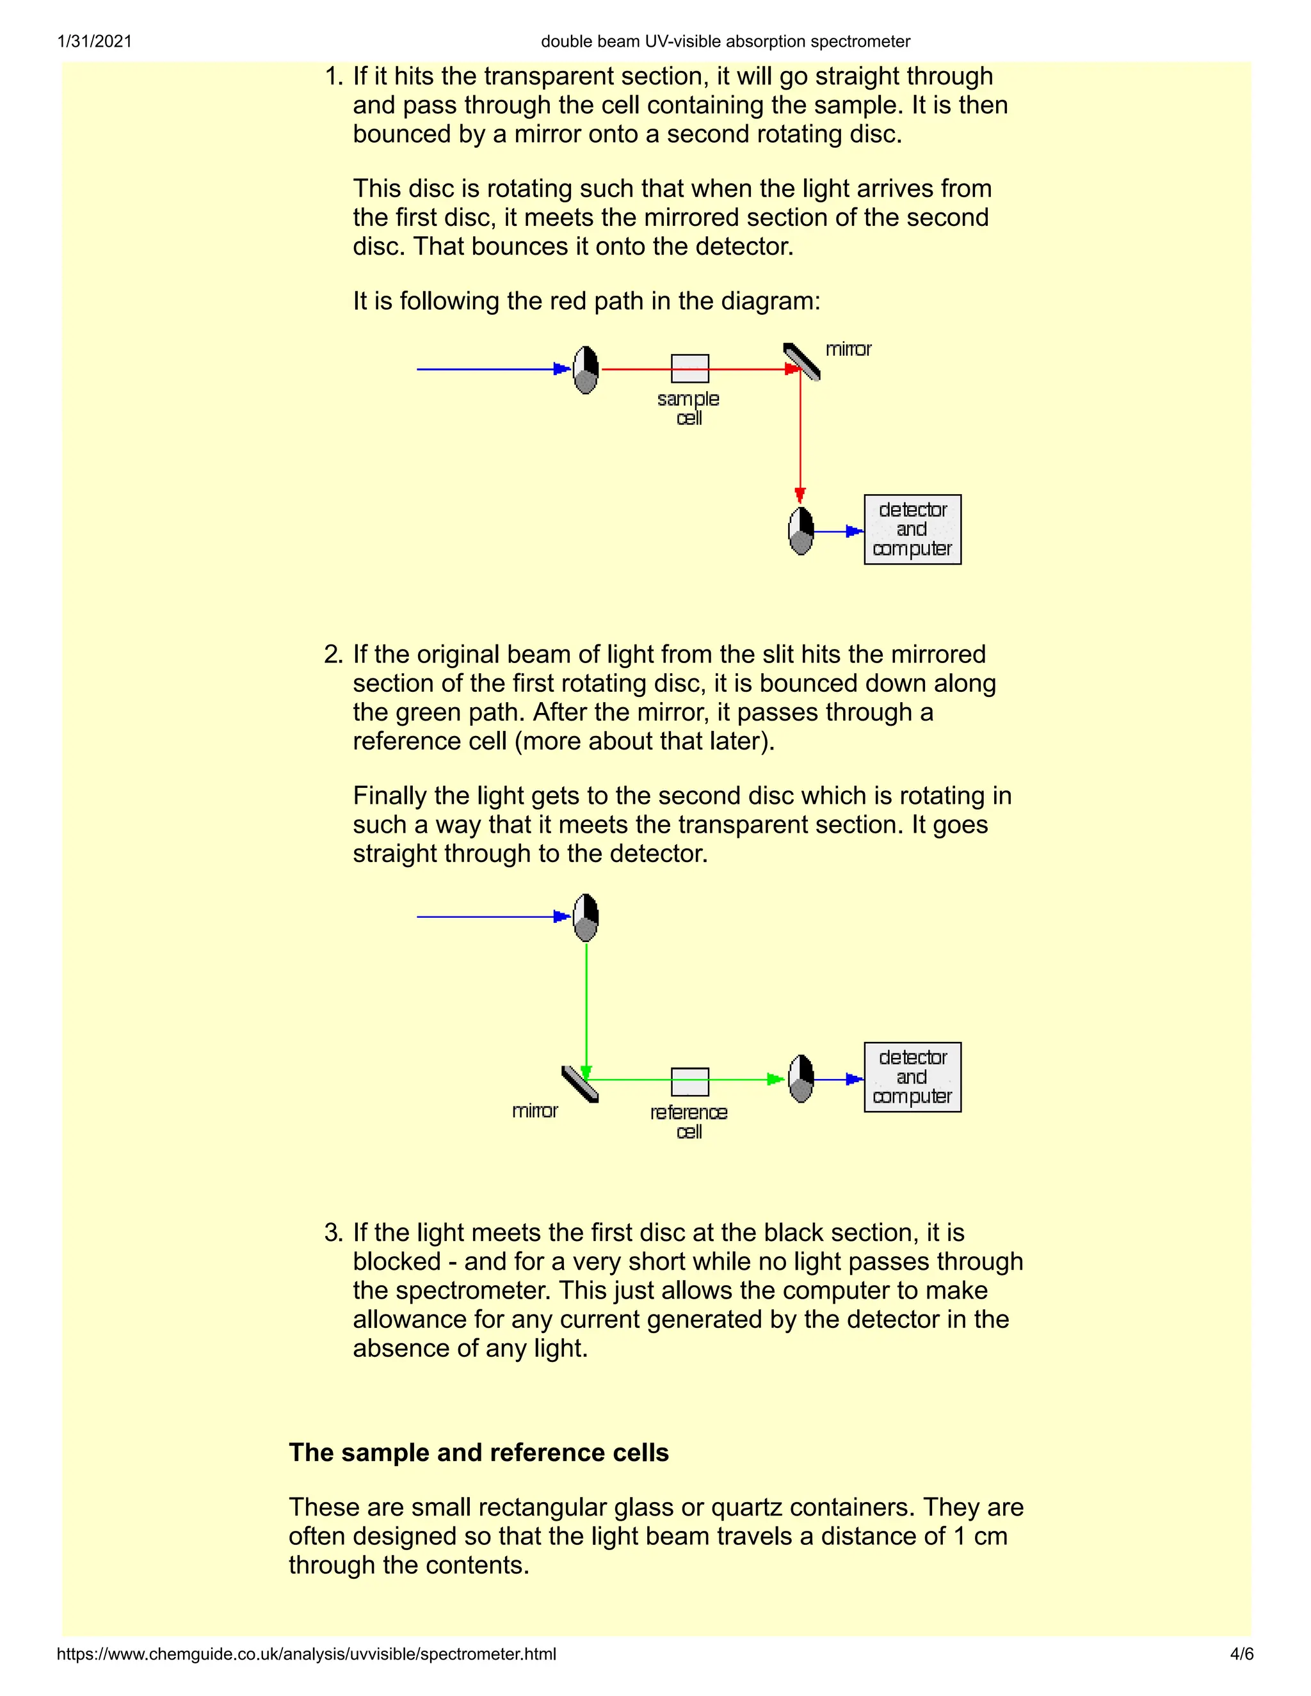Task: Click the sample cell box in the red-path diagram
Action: [689, 369]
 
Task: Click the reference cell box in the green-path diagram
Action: [689, 1082]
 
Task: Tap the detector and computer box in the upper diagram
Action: [913, 530]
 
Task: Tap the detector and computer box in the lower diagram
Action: [913, 1077]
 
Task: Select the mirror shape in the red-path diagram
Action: [802, 362]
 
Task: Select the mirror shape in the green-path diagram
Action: [579, 1084]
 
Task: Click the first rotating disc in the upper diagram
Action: [586, 371]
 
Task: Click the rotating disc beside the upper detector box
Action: [801, 532]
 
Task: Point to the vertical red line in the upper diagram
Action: [800, 435]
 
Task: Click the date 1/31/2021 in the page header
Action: [95, 41]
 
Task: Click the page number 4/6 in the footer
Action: [1241, 1654]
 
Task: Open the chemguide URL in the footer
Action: [306, 1654]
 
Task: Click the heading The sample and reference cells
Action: [478, 1452]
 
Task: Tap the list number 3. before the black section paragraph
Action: [333, 1233]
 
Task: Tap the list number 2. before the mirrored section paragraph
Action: [333, 654]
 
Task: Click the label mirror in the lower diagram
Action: [535, 1111]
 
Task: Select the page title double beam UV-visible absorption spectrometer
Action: [725, 41]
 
